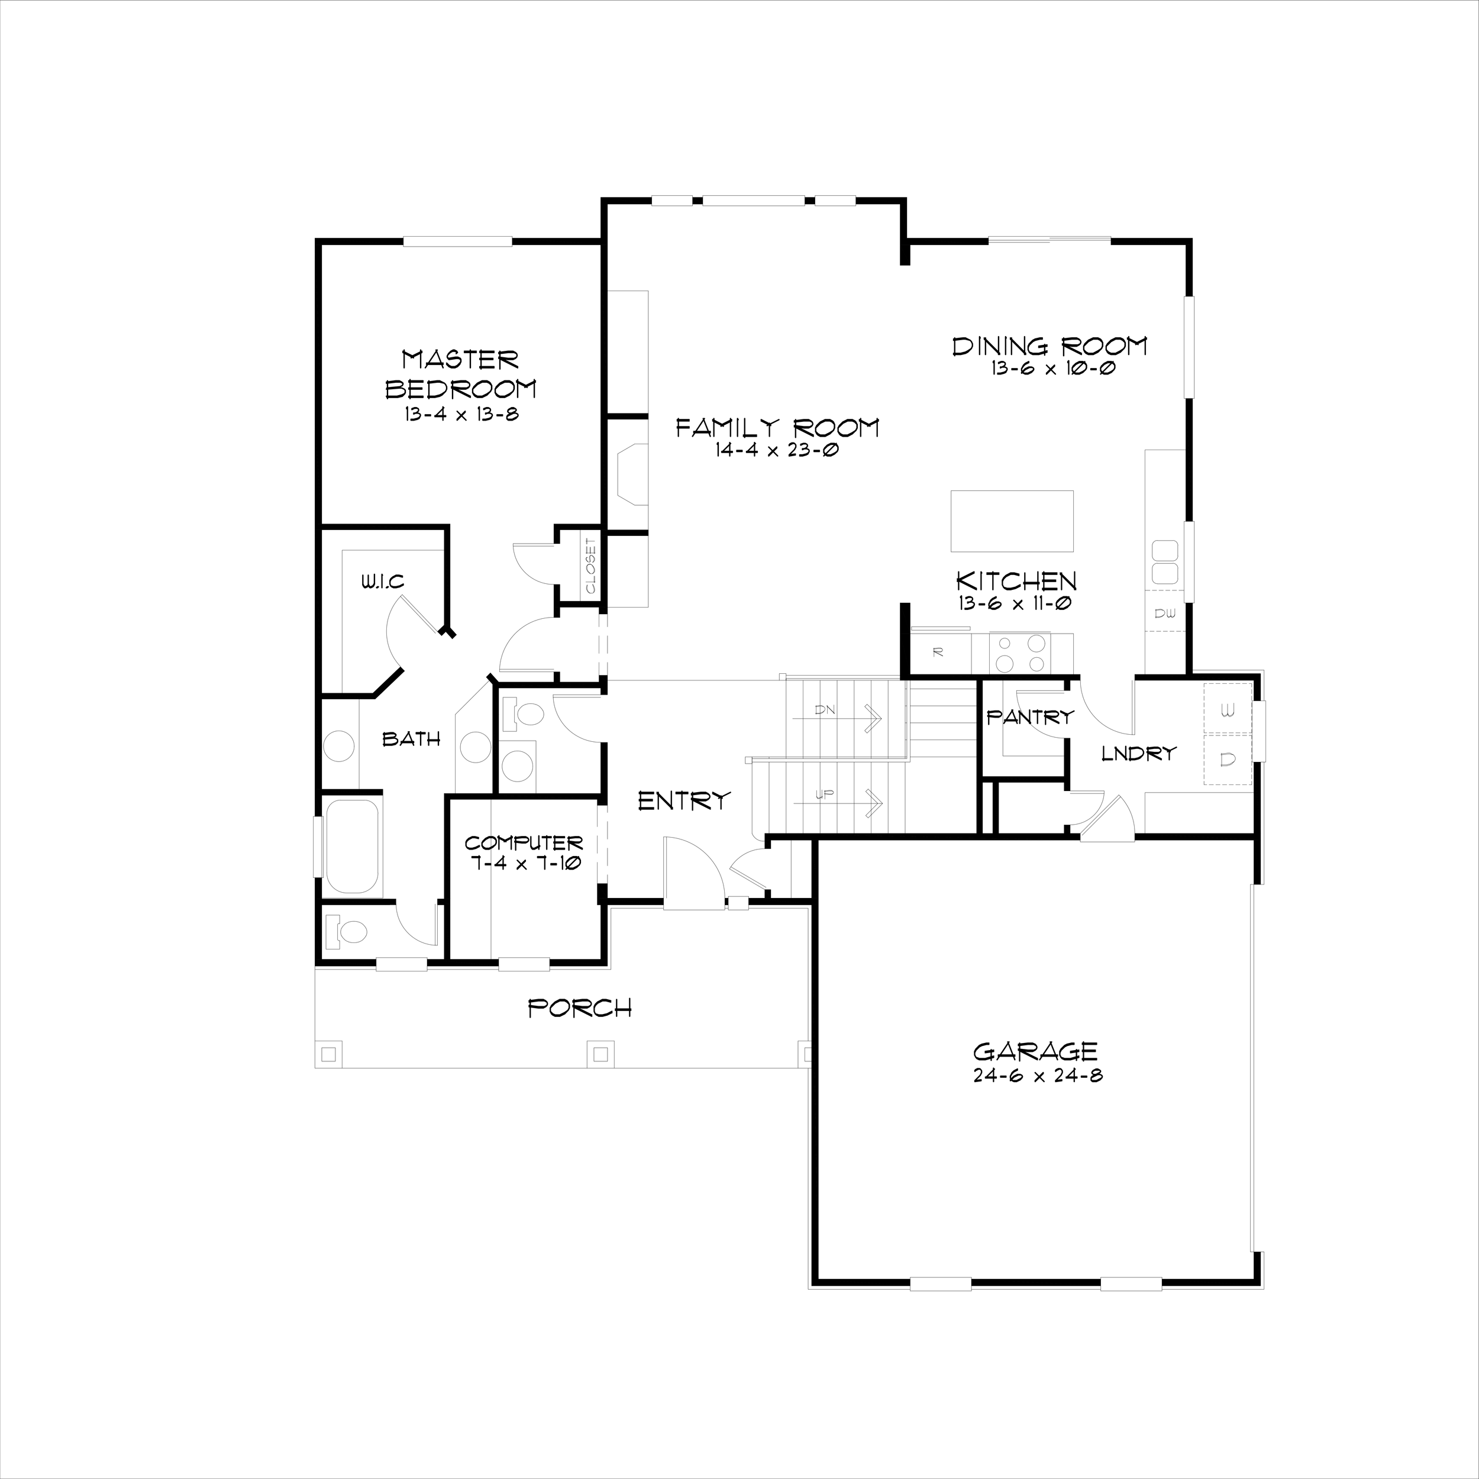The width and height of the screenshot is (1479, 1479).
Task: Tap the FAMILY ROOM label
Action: click(777, 427)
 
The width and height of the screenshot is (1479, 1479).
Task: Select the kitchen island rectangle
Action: click(1011, 521)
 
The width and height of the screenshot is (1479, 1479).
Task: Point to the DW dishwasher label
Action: click(1164, 613)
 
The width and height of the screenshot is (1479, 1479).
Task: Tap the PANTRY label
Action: click(1029, 717)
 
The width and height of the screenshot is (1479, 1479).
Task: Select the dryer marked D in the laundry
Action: click(1227, 758)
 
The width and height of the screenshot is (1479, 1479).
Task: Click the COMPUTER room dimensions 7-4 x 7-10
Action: click(524, 863)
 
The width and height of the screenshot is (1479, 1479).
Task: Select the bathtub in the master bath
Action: click(351, 846)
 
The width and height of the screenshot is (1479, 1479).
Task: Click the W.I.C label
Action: click(382, 583)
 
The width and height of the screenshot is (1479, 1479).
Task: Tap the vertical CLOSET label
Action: click(590, 567)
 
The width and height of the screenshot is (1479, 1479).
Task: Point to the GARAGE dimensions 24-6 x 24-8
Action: click(1037, 1076)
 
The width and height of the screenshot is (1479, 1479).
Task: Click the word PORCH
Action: click(580, 1008)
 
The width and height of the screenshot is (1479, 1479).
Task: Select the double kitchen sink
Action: click(1164, 563)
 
